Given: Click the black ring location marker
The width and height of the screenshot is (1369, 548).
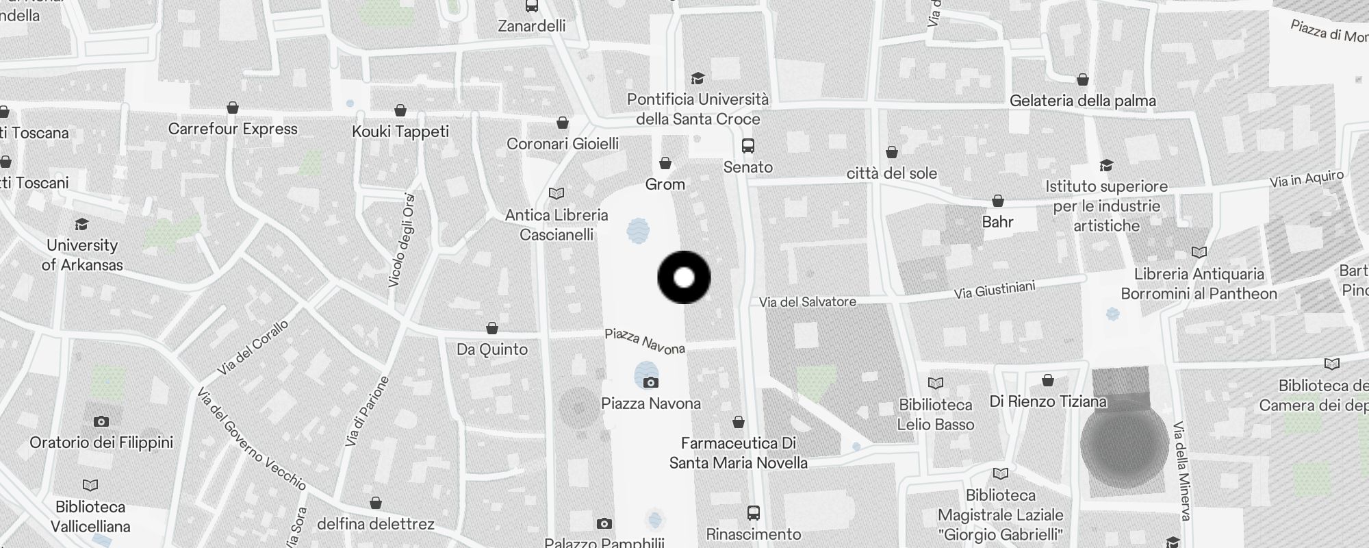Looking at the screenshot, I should coord(684,277).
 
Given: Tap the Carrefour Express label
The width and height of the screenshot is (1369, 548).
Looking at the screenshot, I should coord(233,129).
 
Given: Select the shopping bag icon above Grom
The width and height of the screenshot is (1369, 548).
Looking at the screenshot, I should coord(665,163).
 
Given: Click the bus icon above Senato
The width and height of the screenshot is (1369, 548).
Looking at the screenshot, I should coord(748,145).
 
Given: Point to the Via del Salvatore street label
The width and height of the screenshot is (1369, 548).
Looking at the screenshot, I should coord(807,301).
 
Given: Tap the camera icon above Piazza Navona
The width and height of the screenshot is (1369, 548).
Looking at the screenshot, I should coord(650,382).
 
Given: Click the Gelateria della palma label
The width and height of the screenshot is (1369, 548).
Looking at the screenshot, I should coord(1082,101).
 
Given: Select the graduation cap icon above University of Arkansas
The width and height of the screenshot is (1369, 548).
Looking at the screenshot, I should coord(82,224).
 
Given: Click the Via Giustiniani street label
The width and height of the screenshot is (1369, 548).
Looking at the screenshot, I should coord(995,290).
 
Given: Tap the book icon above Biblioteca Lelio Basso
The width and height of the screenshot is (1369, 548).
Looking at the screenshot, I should coord(935,383).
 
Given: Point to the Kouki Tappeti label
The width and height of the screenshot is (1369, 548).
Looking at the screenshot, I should coord(400,131).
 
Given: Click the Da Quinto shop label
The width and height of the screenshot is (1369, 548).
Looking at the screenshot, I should coord(491,349).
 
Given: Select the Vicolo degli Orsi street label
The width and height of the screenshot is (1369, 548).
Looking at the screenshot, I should coord(402,240).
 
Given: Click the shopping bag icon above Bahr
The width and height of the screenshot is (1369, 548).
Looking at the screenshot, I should coord(997,201).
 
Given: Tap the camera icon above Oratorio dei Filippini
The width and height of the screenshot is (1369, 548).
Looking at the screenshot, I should coord(101,421).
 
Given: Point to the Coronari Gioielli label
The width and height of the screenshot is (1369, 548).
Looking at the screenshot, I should coord(562,143).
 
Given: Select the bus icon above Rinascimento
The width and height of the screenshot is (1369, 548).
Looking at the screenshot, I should coord(753,512).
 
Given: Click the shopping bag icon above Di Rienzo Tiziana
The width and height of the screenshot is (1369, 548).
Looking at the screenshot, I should coord(1047,379).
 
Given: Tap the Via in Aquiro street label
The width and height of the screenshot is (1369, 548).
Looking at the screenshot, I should coord(1307,179).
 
